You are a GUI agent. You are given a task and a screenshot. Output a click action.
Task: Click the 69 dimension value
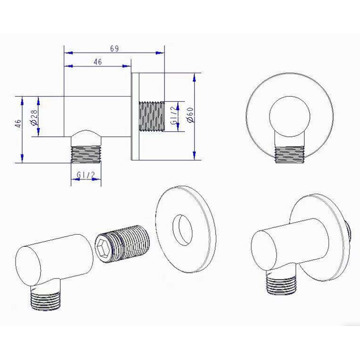click(114, 49)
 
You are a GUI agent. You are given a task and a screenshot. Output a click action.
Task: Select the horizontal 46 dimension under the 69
click(98, 62)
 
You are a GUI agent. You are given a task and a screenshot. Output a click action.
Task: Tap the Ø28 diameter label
click(34, 117)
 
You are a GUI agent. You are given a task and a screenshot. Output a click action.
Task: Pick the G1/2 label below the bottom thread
click(86, 175)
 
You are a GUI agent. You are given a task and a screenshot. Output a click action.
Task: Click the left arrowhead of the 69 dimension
click(68, 53)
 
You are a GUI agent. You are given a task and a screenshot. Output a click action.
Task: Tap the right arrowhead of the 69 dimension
click(159, 53)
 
